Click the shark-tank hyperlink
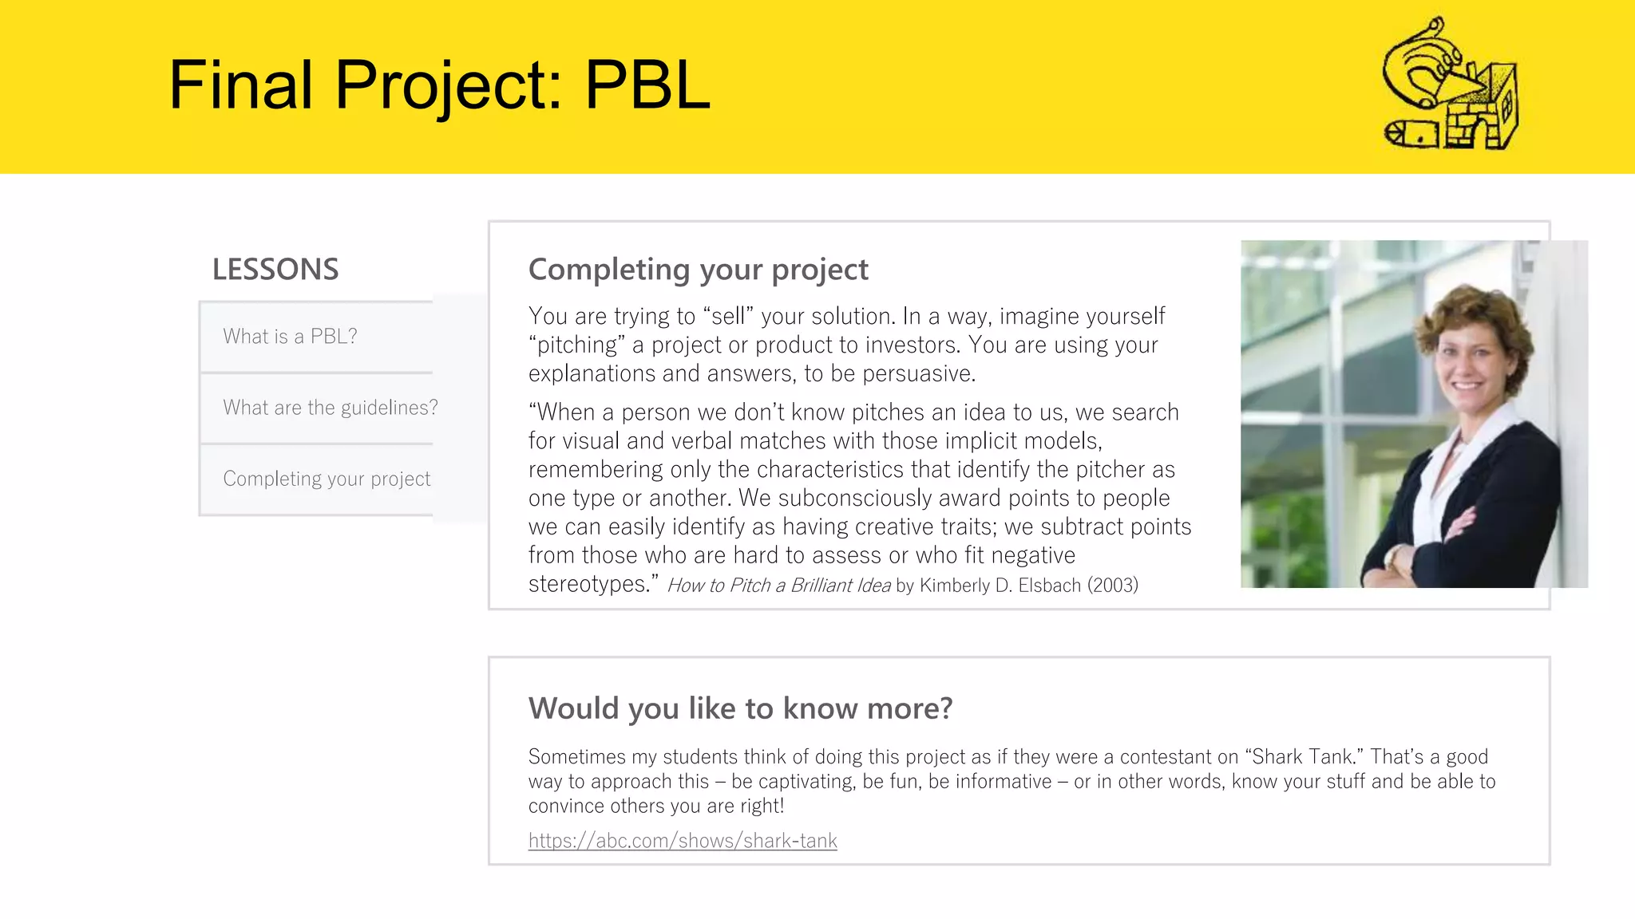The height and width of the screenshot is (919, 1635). pos(683,841)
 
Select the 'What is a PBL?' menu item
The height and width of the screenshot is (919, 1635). pos(291,337)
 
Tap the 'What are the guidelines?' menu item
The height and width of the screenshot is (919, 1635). pos(330,408)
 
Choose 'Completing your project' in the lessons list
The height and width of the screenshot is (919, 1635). pos(327,479)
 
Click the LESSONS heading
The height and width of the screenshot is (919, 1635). pos(275,270)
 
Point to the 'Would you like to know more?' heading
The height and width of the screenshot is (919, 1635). pos(740,708)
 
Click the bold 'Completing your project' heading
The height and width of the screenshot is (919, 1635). pos(698,270)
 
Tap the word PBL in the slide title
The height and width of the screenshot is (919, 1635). pos(647,85)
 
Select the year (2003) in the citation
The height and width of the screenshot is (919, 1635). pos(1112,586)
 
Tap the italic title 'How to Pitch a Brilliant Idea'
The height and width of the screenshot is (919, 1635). pos(778,586)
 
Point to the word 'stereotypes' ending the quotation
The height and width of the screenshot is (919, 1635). pos(588,584)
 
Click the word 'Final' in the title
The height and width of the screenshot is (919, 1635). pos(241,85)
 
